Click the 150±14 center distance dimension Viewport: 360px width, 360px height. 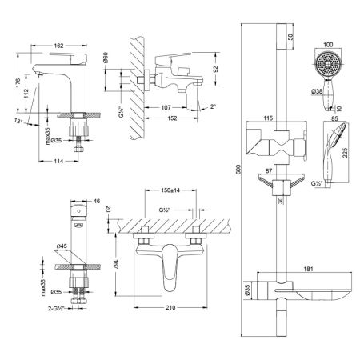(167, 193)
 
